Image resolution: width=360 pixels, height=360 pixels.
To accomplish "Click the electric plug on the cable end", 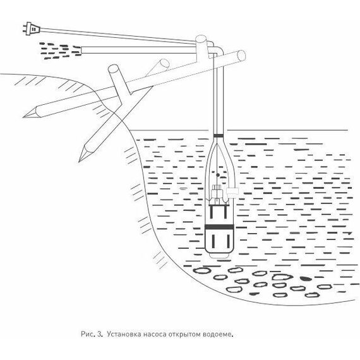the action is (31, 28).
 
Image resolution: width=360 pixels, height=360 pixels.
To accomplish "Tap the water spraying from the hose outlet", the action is (60, 51).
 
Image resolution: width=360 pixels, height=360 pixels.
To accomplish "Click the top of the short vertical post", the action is (201, 39).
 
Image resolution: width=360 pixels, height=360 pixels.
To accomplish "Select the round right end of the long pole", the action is (241, 56).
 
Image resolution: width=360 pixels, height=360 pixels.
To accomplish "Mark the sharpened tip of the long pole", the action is (24, 117).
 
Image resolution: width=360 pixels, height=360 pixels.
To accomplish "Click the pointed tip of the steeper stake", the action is (79, 161).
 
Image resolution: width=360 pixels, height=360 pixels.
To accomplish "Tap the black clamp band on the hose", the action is (218, 135).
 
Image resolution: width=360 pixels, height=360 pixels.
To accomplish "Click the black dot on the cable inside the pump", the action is (218, 175).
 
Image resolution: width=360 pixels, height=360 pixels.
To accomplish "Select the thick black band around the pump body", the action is (219, 227).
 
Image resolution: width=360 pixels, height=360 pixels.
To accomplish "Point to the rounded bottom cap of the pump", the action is (219, 255).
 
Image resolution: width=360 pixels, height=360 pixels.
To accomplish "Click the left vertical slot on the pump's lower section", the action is (213, 241).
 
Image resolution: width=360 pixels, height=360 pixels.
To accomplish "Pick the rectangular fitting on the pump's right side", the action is (232, 191).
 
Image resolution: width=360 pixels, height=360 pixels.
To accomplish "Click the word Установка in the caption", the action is (124, 334).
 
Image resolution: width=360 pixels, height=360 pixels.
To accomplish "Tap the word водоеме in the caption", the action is (217, 334).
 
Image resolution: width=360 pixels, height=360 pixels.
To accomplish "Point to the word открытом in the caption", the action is (185, 334).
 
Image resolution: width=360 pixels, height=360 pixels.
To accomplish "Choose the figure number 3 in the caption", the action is (99, 334).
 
